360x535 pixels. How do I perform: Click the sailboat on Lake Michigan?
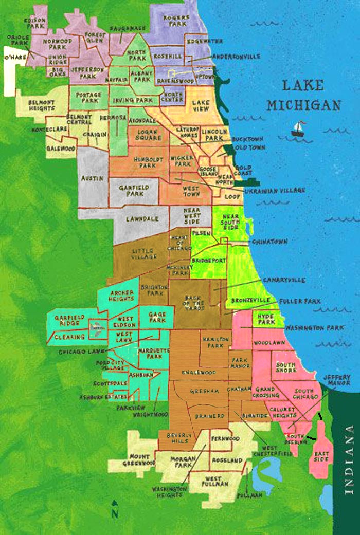point(298,129)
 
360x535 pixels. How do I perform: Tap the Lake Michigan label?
point(304,95)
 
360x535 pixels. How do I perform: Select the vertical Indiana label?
point(350,459)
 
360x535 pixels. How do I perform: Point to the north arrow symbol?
point(115,509)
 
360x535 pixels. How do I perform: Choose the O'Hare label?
point(16,58)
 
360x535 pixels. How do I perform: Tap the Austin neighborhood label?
point(93,178)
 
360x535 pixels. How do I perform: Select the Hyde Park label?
point(267,319)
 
